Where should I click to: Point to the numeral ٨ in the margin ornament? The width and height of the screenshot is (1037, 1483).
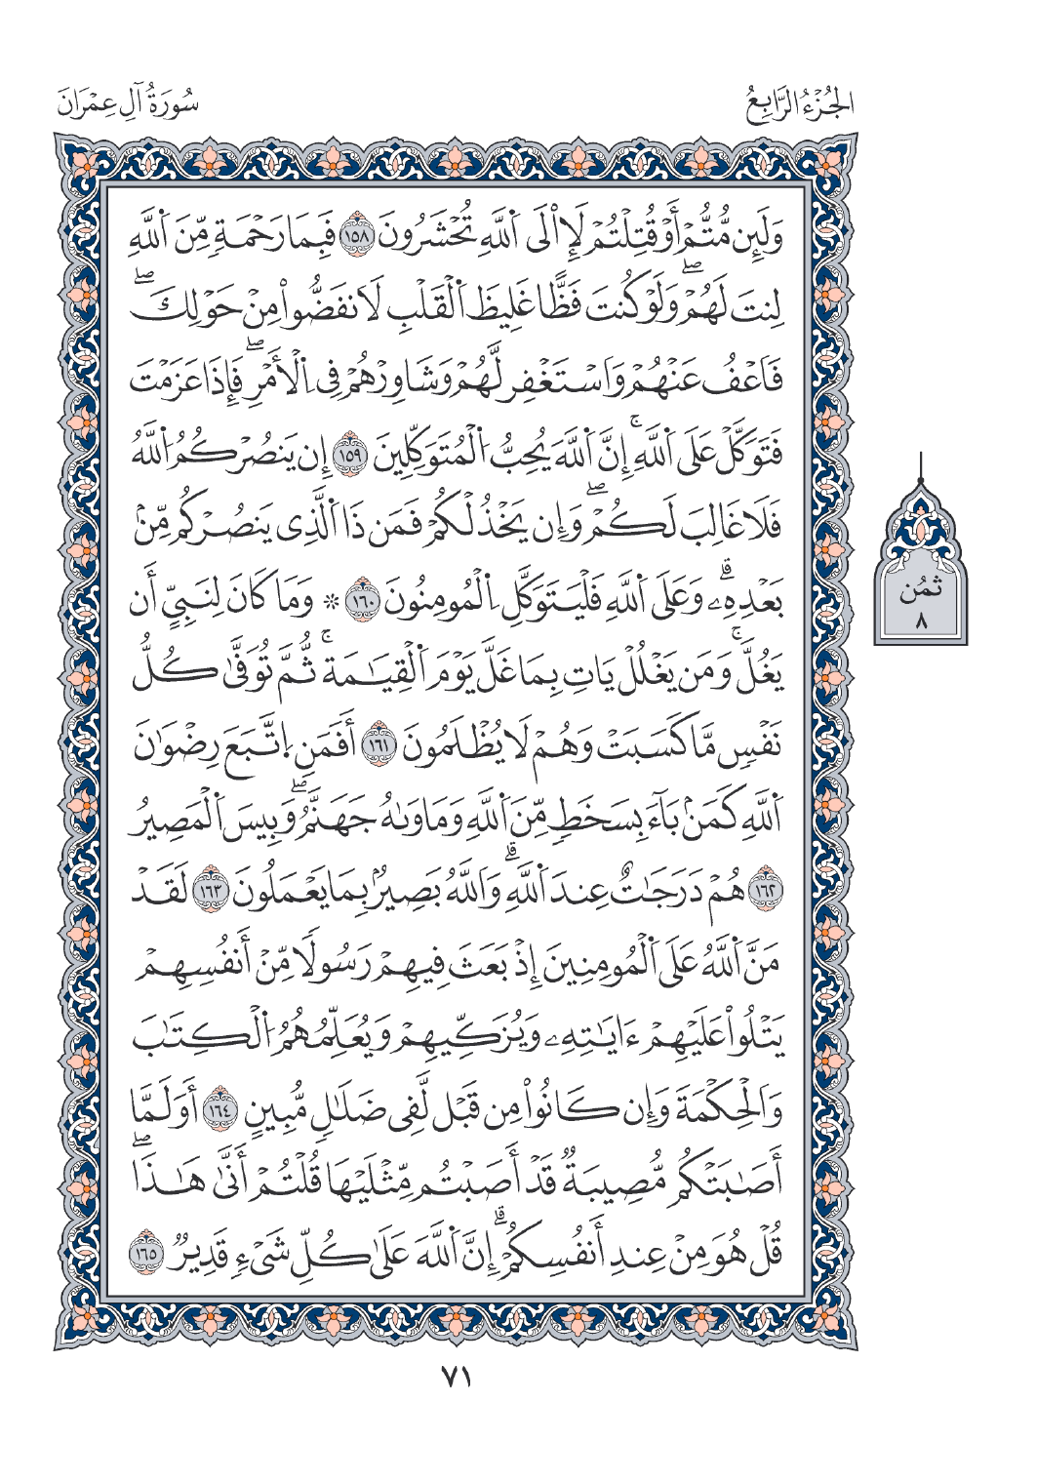(921, 618)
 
